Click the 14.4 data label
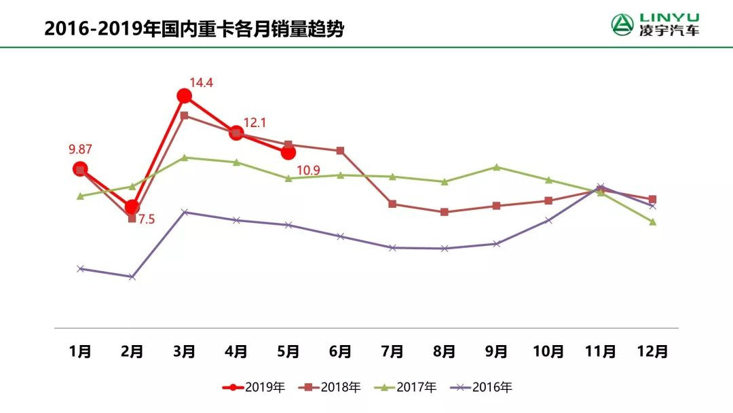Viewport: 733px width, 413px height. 202,84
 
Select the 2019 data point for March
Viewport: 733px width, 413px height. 184,96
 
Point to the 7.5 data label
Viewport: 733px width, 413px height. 147,219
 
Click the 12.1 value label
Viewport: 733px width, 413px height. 255,123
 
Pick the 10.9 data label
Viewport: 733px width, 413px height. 308,170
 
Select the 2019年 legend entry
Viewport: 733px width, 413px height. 255,387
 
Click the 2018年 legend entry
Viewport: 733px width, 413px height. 332,387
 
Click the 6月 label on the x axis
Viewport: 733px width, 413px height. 340,351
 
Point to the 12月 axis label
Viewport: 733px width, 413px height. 652,351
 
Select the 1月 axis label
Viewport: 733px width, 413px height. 80,351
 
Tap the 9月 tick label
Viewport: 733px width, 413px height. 496,351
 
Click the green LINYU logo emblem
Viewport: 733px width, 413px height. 622,24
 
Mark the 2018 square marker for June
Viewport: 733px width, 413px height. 340,151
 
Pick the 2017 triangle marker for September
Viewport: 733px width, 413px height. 496,167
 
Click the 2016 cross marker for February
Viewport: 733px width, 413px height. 132,276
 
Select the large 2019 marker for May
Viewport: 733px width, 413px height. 288,152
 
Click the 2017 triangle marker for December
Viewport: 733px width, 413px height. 652,222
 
